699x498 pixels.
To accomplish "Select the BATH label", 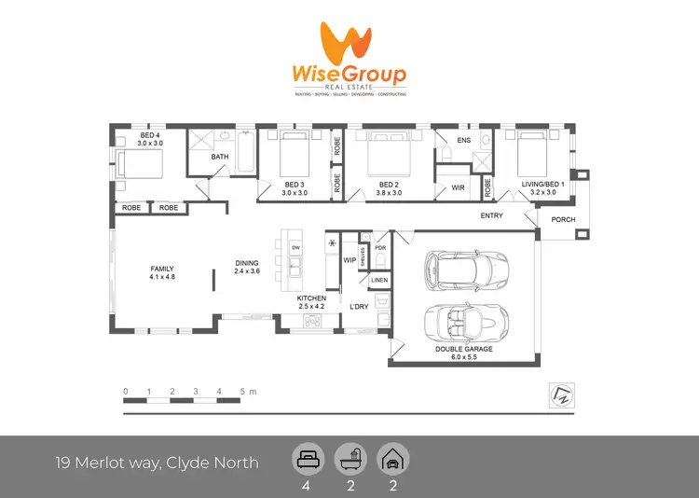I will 220,157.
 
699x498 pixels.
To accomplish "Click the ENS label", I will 463,141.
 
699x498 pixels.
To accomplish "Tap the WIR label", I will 458,187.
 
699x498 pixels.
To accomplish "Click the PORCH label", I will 564,220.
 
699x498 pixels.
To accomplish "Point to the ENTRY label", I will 491,216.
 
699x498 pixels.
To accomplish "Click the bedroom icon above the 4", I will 307,460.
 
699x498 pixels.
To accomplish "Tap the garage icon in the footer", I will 391,460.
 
